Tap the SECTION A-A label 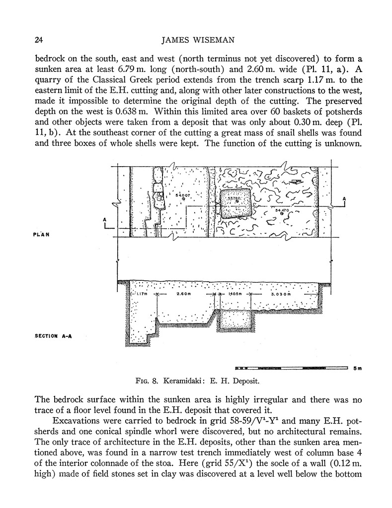54,335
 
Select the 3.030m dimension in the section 281,294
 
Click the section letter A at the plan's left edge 104,218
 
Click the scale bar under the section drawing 291,368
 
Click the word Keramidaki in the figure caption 181,381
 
